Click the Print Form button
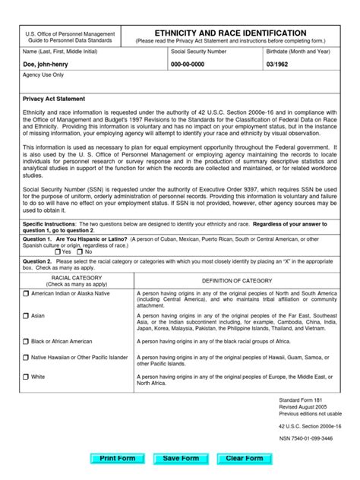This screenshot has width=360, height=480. coord(117,459)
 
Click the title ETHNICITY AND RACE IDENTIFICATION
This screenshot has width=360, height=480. coord(231,33)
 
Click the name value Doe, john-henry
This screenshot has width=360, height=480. coord(47,65)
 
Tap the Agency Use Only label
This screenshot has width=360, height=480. coord(43,76)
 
